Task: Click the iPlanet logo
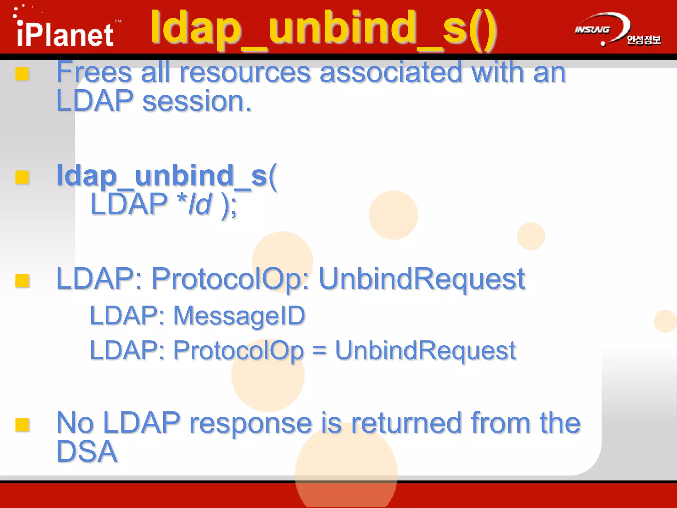64,33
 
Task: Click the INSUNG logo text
592,30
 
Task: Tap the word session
197,101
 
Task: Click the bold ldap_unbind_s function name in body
162,176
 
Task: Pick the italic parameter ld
200,204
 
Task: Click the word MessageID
239,316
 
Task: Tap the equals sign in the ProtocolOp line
319,351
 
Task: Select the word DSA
87,452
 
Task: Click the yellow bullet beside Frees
22,74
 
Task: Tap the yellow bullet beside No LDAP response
22,425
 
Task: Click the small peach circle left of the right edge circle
531,236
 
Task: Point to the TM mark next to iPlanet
118,21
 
